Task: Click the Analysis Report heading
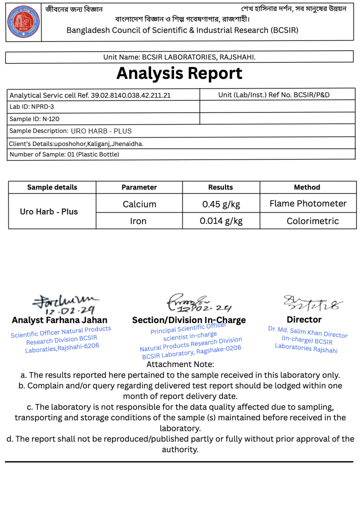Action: [x=179, y=73]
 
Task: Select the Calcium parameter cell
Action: [x=139, y=204]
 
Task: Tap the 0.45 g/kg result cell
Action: [x=221, y=204]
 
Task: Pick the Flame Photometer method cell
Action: [x=308, y=203]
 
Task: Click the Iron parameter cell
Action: [x=138, y=221]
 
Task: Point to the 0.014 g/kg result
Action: [x=221, y=221]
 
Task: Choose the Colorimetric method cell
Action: [x=312, y=221]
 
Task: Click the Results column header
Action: [x=220, y=187]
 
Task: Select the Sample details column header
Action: [x=52, y=187]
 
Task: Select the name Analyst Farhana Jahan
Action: [x=59, y=320]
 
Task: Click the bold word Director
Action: [x=304, y=319]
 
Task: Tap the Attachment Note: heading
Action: [x=180, y=364]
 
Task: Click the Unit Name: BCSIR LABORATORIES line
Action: [x=179, y=57]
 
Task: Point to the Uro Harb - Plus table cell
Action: [x=49, y=211]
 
